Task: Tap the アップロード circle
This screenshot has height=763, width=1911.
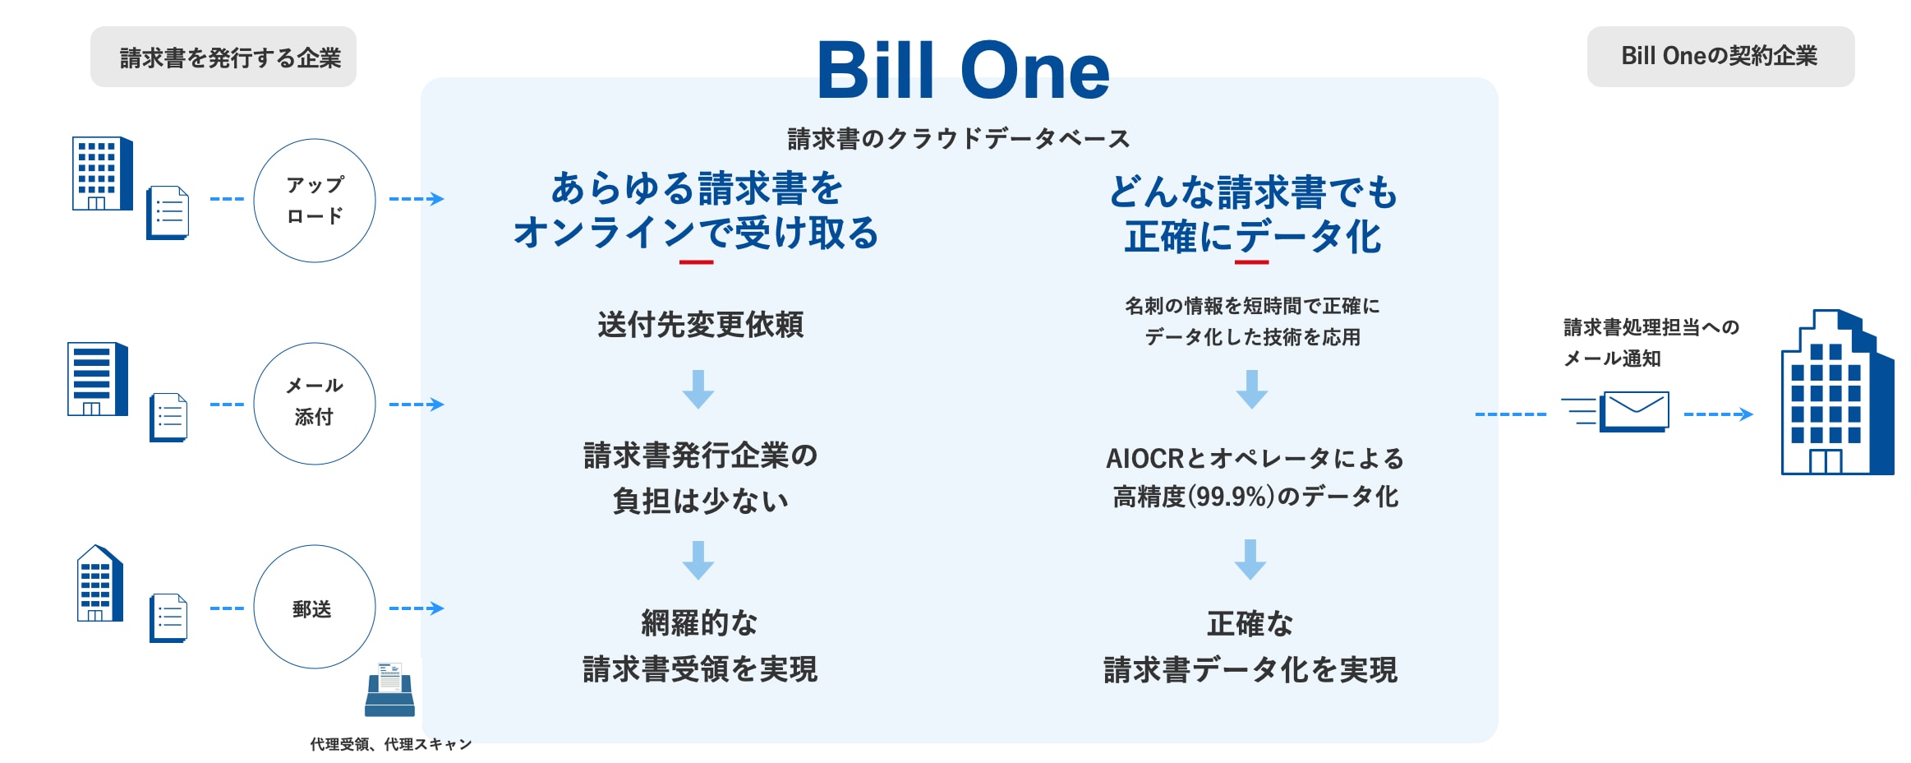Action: click(315, 139)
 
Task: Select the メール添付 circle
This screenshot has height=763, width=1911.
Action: click(315, 343)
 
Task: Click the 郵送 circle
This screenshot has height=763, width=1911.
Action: click(315, 545)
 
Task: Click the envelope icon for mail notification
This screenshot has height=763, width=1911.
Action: click(1635, 411)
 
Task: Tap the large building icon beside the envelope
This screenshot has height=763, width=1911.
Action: click(1837, 392)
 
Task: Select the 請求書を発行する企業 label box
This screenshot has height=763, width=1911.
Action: click(223, 57)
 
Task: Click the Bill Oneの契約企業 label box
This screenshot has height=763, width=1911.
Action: click(1720, 57)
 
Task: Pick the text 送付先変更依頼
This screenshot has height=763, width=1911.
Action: click(700, 325)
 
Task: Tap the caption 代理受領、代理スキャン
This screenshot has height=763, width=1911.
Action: click(391, 744)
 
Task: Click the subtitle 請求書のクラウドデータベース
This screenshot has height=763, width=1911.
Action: click(959, 139)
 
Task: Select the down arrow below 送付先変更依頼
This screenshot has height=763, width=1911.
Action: click(698, 389)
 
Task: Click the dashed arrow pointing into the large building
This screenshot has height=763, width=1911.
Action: click(1719, 414)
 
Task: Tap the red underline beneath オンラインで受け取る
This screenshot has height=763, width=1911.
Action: click(697, 262)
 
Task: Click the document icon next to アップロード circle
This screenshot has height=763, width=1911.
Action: click(168, 213)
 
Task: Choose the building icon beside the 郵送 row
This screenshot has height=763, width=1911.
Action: click(99, 583)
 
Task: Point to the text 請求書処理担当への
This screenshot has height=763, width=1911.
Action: click(1651, 327)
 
